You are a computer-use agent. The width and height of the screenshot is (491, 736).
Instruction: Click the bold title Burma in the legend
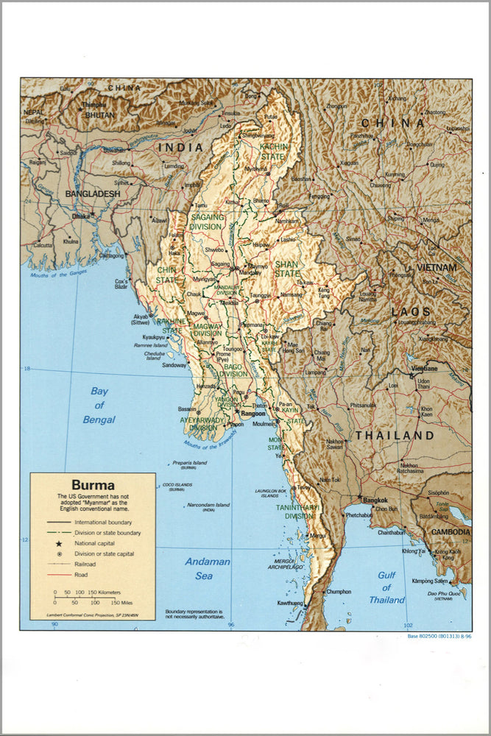(x=93, y=485)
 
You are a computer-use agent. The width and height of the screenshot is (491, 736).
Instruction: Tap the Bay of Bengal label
(x=98, y=405)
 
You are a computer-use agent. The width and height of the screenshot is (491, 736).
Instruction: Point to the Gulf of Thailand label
(x=387, y=587)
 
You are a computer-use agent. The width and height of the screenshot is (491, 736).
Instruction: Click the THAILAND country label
(x=395, y=436)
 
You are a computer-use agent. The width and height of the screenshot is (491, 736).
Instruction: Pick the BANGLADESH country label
(x=93, y=194)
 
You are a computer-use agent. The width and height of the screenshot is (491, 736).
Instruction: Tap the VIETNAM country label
(x=437, y=268)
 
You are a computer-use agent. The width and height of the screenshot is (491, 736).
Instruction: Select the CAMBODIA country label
(x=450, y=531)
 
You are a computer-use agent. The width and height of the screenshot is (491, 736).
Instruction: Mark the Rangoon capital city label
(x=253, y=414)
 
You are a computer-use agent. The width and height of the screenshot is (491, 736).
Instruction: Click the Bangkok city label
(x=375, y=500)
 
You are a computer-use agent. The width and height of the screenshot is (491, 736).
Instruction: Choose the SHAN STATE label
(x=287, y=269)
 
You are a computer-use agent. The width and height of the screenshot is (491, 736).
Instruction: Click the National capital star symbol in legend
(x=59, y=542)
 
